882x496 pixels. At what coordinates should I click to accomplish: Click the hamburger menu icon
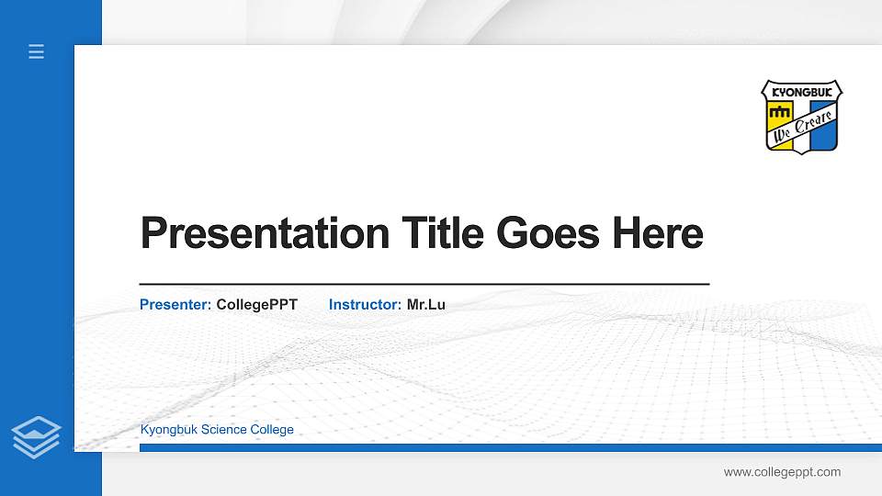[x=37, y=51]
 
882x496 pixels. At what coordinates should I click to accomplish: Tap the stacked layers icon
[x=37, y=436]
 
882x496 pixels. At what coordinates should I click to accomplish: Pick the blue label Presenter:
[x=175, y=304]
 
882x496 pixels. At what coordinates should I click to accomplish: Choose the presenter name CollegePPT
[x=256, y=304]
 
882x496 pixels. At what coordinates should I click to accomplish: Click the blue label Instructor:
[x=365, y=304]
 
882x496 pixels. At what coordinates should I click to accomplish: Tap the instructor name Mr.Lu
[x=426, y=304]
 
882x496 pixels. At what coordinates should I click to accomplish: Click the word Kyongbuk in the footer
[x=168, y=430]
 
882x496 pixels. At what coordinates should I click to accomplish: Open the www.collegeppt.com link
[x=782, y=472]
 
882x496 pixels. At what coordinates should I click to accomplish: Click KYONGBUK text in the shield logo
[x=801, y=93]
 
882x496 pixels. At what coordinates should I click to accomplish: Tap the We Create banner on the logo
[x=803, y=126]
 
